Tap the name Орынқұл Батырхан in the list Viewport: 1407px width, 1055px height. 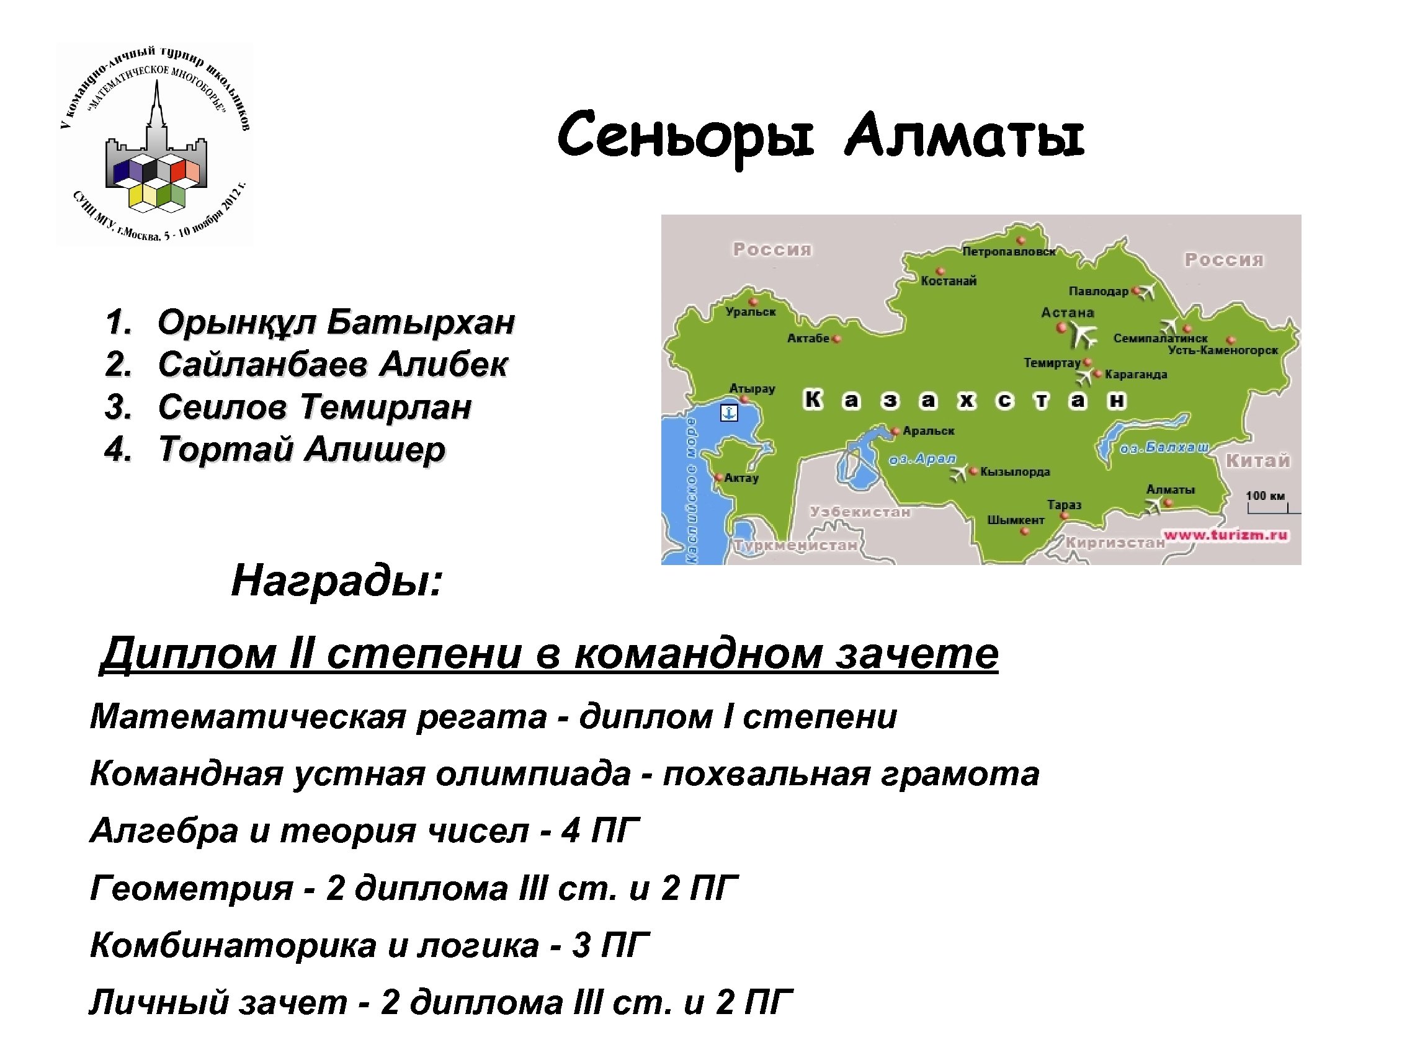[336, 322]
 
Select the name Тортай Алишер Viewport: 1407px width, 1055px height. [301, 450]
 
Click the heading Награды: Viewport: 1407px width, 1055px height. [336, 581]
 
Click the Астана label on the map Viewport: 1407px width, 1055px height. [1067, 313]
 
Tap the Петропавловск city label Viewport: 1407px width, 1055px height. [1009, 252]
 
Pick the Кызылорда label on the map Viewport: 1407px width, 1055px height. [1015, 472]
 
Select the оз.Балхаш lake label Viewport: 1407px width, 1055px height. [1164, 448]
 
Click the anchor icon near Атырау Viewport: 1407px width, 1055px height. [728, 412]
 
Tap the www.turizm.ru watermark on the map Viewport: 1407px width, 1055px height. [1225, 535]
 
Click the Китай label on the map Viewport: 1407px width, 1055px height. [1258, 460]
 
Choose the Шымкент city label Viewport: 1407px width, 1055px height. [1016, 520]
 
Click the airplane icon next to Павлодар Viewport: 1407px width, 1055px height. [1146, 292]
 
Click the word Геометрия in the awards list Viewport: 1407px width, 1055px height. [191, 888]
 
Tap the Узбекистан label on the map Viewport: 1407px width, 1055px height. [860, 512]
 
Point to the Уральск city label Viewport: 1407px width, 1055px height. [751, 312]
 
